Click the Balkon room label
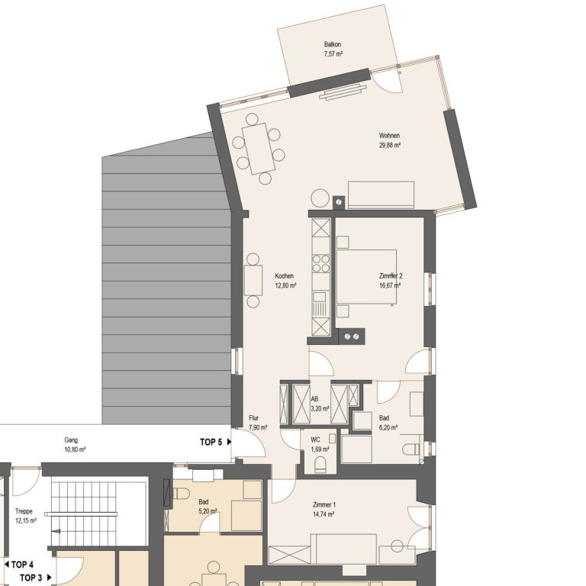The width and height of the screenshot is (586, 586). click(333, 44)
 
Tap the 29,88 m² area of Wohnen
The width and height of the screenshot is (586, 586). click(390, 145)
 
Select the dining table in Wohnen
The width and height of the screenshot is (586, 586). click(259, 148)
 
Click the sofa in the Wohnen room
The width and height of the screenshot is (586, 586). click(381, 195)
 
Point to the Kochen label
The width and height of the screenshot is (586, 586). click(285, 275)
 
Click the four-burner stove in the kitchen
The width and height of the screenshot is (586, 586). click(321, 263)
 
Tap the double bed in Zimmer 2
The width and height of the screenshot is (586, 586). click(366, 277)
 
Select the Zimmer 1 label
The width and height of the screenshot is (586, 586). click(324, 504)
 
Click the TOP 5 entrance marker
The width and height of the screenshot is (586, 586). click(216, 442)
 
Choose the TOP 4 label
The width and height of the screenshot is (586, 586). click(19, 565)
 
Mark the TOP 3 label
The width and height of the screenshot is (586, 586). click(36, 578)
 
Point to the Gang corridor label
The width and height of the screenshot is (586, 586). click(71, 439)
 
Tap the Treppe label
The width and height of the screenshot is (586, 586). click(24, 511)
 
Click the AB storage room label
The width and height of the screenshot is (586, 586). click(314, 399)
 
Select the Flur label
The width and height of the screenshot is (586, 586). click(254, 418)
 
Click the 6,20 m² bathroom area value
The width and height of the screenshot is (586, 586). click(388, 427)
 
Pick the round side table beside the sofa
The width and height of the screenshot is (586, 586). click(320, 198)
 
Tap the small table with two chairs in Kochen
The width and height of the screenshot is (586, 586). click(253, 280)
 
